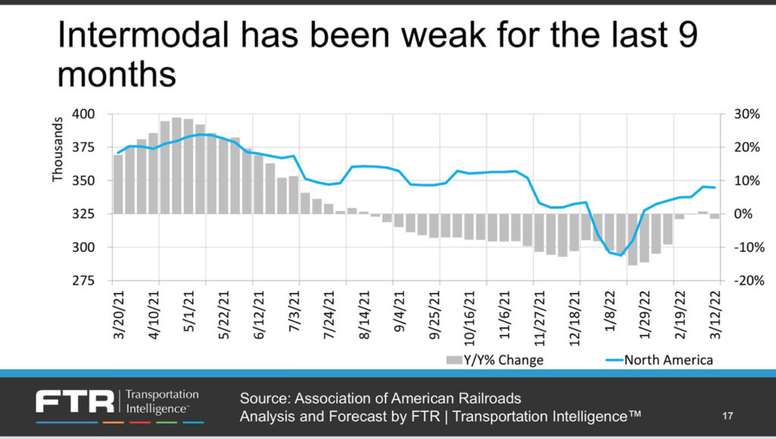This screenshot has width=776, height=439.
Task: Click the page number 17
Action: tap(728, 416)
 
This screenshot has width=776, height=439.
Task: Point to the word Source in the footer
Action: tap(261, 398)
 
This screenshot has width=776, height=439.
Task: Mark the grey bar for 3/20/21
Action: tap(117, 185)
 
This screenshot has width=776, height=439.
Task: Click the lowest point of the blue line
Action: tap(621, 255)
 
